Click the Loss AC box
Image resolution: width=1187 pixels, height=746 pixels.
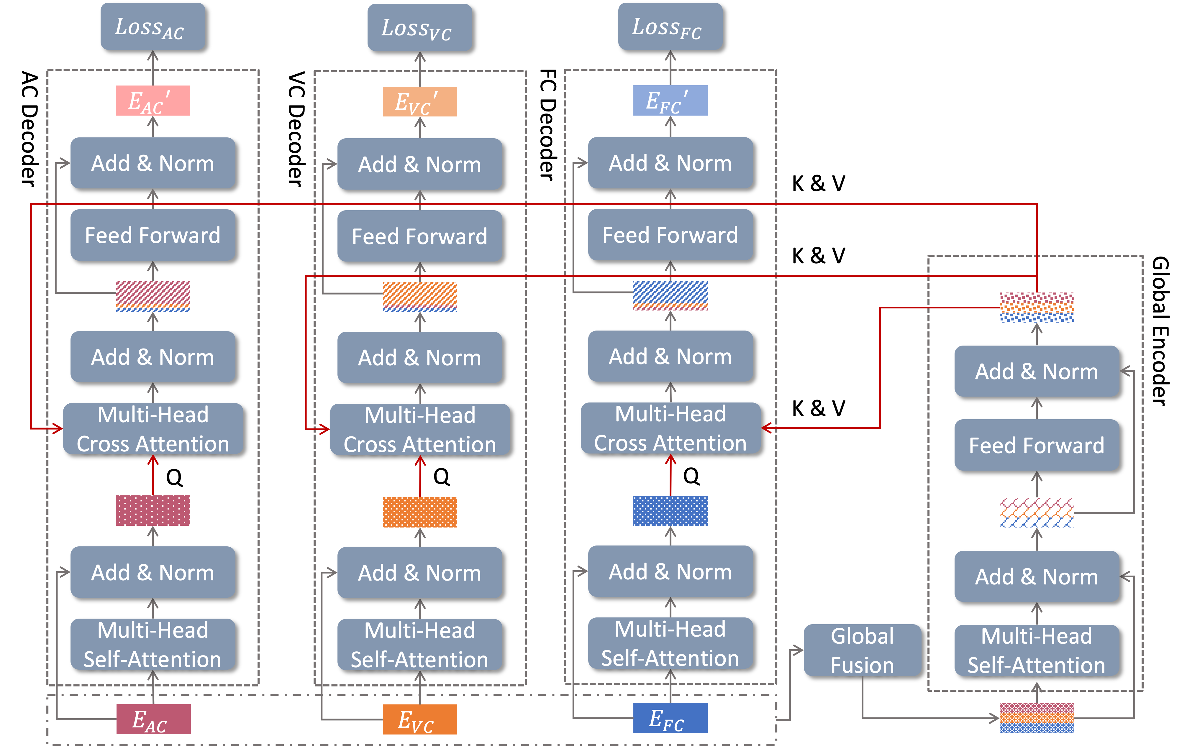pyautogui.click(x=153, y=27)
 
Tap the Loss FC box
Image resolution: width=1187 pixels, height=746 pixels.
pyautogui.click(x=670, y=27)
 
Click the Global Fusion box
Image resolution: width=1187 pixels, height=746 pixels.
pyautogui.click(x=862, y=650)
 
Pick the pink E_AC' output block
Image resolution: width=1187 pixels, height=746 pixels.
pyautogui.click(x=153, y=101)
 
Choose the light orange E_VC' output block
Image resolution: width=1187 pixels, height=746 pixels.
pyautogui.click(x=419, y=101)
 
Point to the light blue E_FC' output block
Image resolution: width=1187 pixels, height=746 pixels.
pyautogui.click(x=670, y=101)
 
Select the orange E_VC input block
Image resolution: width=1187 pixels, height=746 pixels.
pyautogui.click(x=419, y=719)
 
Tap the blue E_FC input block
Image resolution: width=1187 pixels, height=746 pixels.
pyautogui.click(x=670, y=718)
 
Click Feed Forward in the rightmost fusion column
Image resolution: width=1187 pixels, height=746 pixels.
pyautogui.click(x=1036, y=445)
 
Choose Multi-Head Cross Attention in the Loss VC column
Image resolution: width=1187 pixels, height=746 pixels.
pyautogui.click(x=419, y=429)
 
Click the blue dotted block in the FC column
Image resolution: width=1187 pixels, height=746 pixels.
pyautogui.click(x=670, y=511)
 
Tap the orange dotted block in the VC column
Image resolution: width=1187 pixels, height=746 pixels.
pyautogui.click(x=419, y=512)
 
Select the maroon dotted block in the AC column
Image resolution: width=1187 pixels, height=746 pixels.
pyautogui.click(x=153, y=510)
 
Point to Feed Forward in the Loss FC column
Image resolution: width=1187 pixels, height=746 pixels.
pyautogui.click(x=670, y=234)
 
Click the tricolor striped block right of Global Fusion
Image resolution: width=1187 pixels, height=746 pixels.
pyautogui.click(x=1036, y=718)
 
